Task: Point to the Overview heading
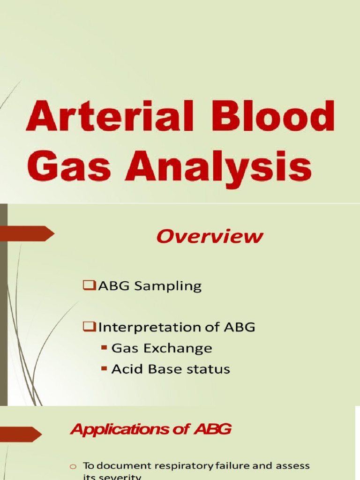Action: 210,236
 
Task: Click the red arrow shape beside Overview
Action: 27,233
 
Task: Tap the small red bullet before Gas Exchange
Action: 104,349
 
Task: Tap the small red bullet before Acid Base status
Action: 104,369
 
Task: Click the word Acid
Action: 126,369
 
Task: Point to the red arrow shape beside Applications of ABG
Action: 21,434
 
